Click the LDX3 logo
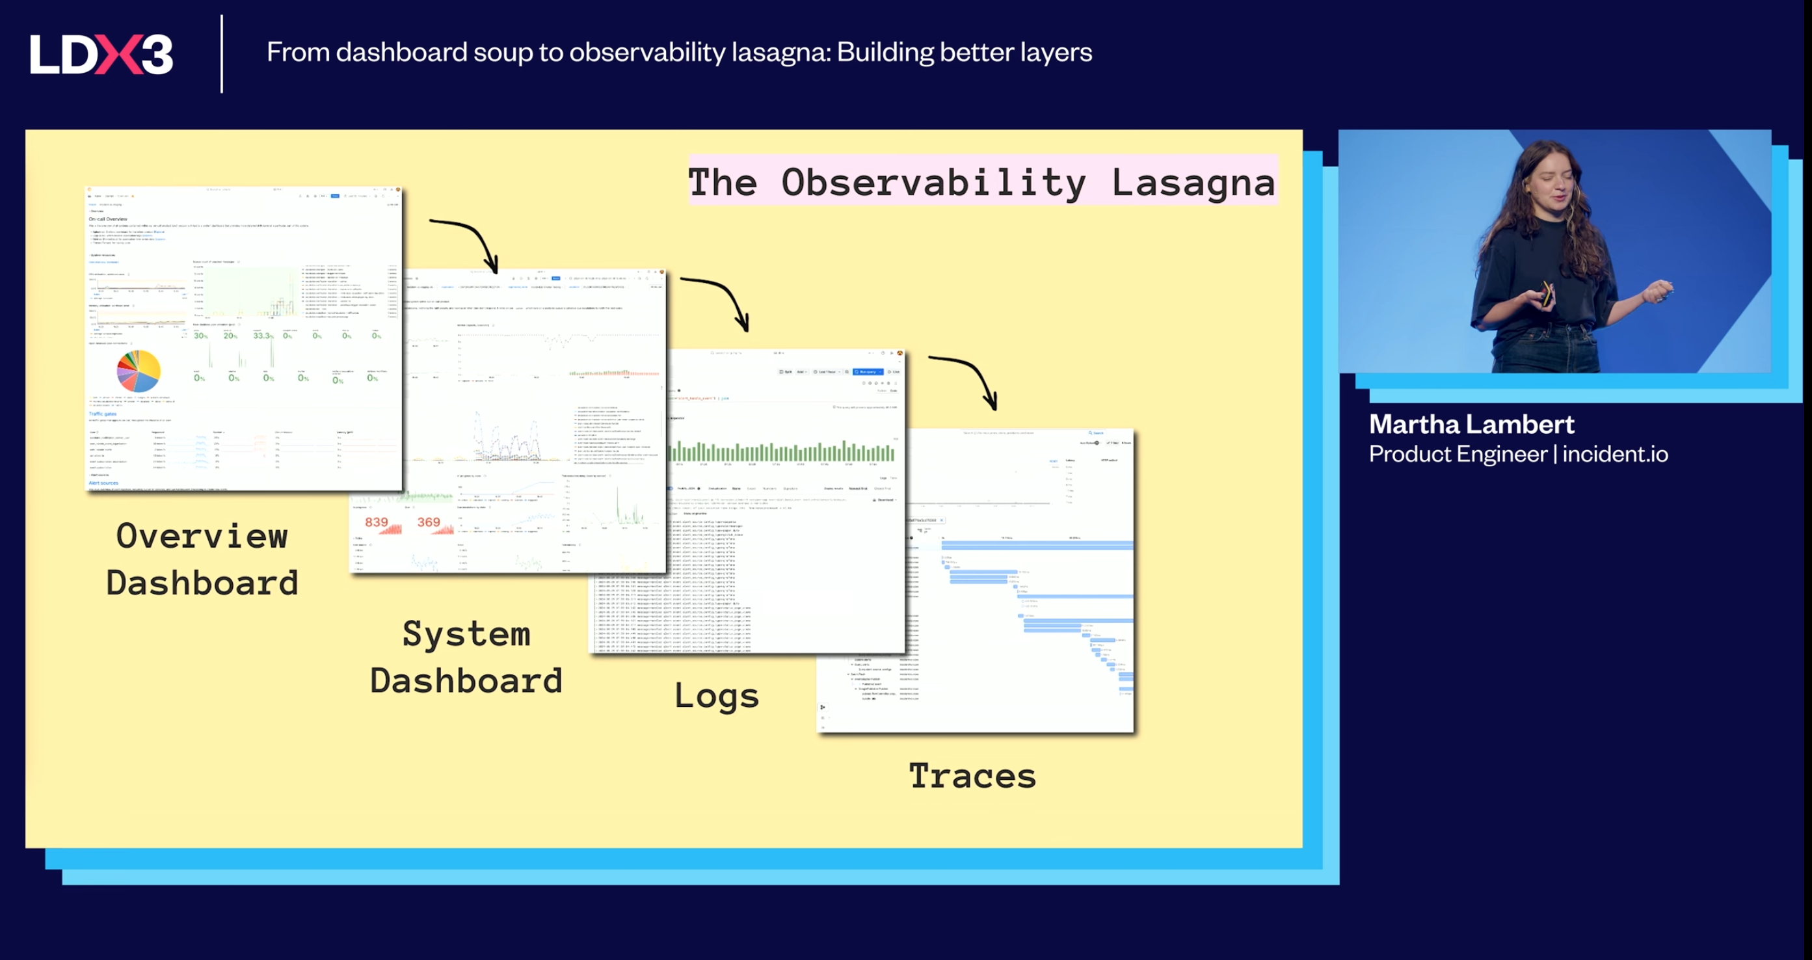pyautogui.click(x=101, y=54)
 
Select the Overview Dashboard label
pyautogui.click(x=202, y=559)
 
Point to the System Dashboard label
pyautogui.click(x=466, y=657)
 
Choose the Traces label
pyautogui.click(x=972, y=776)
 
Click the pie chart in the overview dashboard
pyautogui.click(x=139, y=371)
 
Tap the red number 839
pyautogui.click(x=377, y=522)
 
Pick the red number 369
pyautogui.click(x=429, y=522)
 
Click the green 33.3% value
pyautogui.click(x=263, y=336)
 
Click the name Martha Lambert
pyautogui.click(x=1471, y=424)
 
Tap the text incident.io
pyautogui.click(x=1615, y=455)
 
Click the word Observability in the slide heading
pyautogui.click(x=933, y=183)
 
